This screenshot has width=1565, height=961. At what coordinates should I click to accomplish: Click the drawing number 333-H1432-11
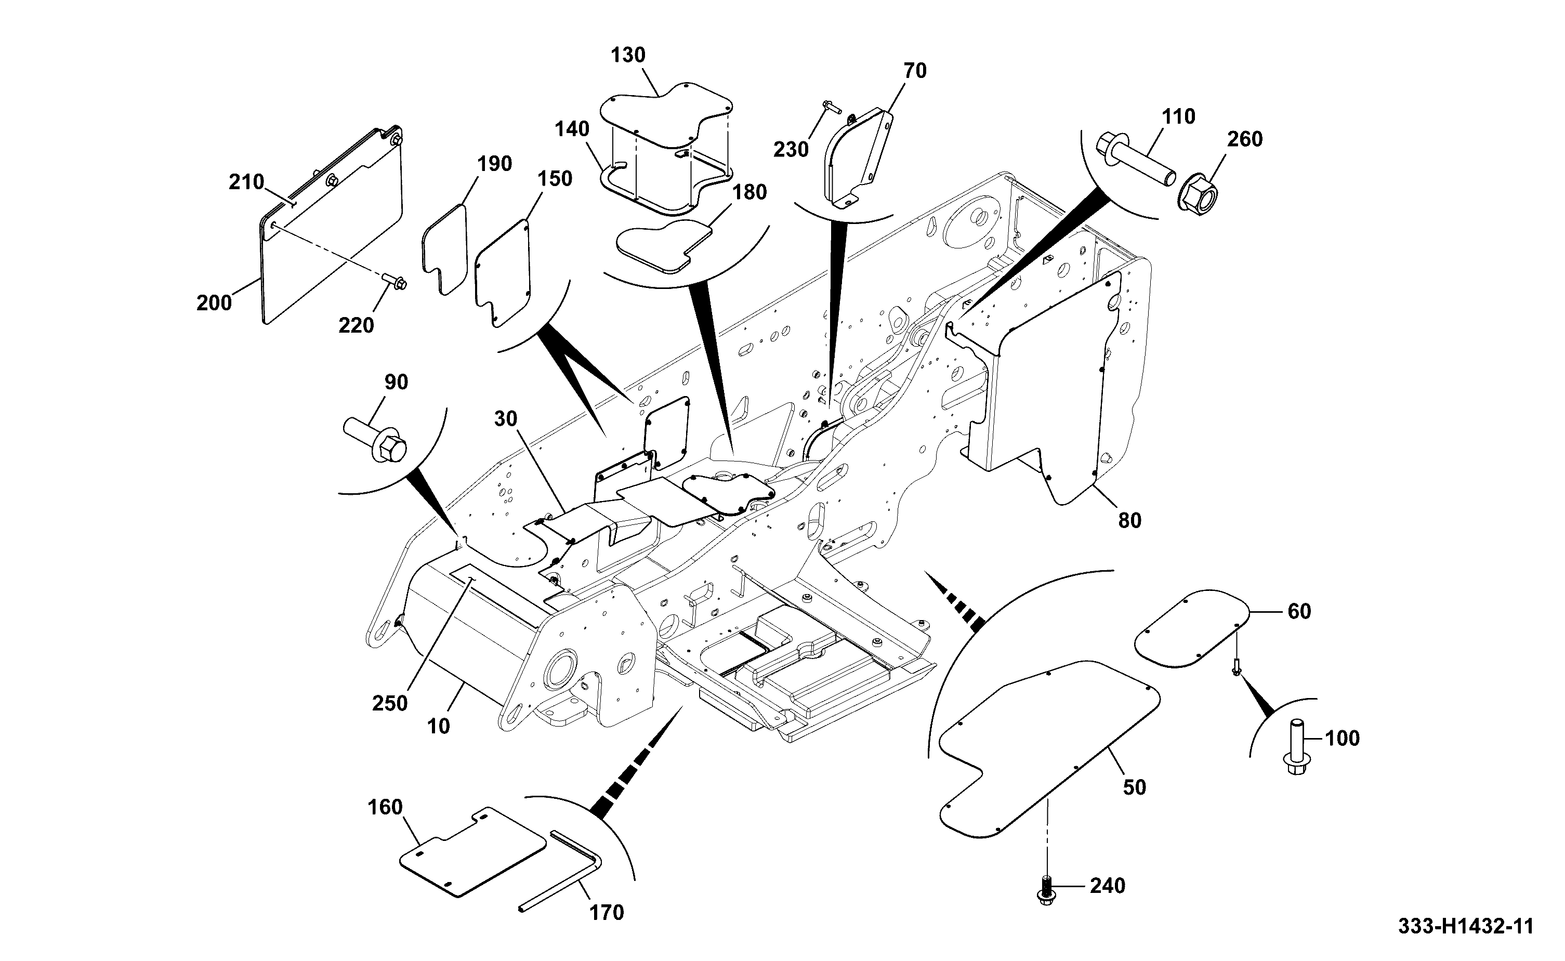click(1465, 927)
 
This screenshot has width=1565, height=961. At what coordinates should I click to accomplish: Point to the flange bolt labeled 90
click(375, 439)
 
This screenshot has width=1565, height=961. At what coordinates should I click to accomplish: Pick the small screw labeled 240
click(1045, 885)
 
